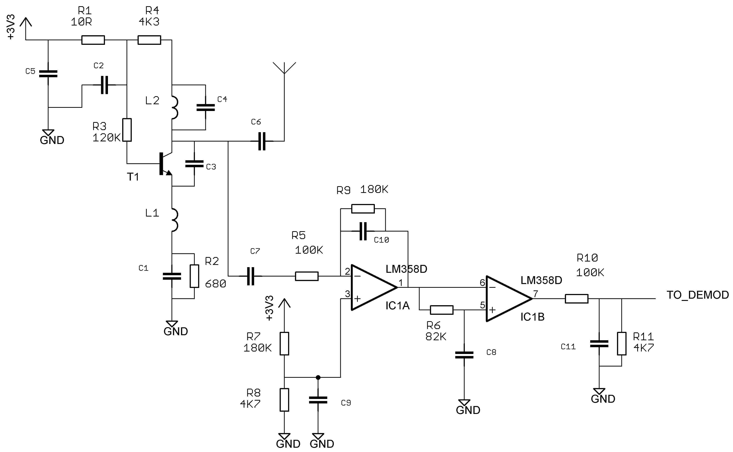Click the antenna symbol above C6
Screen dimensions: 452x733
(284, 68)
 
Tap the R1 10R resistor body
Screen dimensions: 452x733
(93, 40)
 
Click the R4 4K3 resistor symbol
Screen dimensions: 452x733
(149, 40)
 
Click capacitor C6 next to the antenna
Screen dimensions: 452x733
(262, 141)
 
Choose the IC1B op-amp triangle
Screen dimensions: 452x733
(507, 299)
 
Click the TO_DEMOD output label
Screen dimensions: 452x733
(697, 295)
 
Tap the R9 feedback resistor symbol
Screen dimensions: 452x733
(363, 209)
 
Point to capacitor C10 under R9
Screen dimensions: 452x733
(363, 231)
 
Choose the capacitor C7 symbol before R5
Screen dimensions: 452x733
(251, 276)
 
